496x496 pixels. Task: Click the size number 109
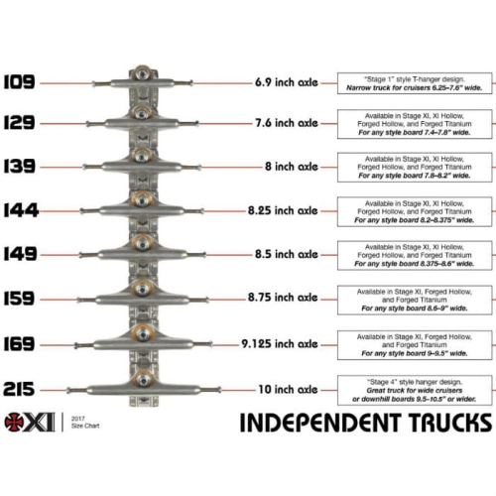coord(20,82)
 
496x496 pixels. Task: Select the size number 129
coord(20,125)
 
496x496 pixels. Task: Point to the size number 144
coord(20,210)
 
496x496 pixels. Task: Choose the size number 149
coord(20,253)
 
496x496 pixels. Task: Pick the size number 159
coord(20,296)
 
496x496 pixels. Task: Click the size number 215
coord(20,387)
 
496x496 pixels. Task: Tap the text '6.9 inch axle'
coord(286,82)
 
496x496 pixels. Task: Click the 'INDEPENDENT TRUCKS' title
coord(365,425)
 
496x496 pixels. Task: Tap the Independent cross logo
coord(18,422)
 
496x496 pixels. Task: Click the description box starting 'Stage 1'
coord(415,82)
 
